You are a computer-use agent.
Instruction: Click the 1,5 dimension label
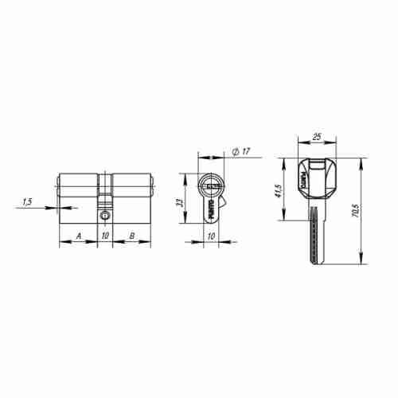28,202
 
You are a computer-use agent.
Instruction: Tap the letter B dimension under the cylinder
131,236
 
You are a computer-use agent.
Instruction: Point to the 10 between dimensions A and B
105,236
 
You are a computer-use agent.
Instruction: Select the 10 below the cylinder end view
211,236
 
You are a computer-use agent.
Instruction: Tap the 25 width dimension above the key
317,138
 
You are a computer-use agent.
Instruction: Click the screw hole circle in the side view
105,214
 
